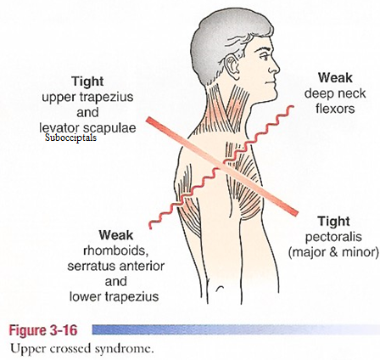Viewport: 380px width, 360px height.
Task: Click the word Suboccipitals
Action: click(70, 138)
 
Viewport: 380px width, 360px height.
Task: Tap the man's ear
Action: click(232, 67)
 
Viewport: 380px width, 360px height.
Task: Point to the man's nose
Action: click(274, 66)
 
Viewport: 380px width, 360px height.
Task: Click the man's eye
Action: click(265, 56)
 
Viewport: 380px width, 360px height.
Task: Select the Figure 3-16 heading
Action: click(43, 330)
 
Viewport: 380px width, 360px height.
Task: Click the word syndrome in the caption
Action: click(124, 348)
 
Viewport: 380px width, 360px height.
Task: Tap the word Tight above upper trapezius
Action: click(87, 82)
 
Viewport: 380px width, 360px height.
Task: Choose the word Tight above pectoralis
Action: click(333, 222)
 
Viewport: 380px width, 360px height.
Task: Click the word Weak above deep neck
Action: click(335, 78)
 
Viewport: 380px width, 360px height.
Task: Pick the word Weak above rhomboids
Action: click(116, 235)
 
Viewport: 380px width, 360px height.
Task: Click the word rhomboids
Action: click(116, 250)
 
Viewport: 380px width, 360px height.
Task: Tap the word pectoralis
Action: click(333, 237)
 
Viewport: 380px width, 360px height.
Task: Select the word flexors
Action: click(335, 109)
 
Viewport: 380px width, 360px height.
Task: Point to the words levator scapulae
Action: click(87, 127)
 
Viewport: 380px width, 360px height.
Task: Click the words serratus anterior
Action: click(116, 266)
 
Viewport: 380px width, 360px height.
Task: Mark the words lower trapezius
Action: click(114, 296)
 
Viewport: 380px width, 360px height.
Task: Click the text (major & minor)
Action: click(333, 252)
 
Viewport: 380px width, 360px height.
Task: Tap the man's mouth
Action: click(271, 82)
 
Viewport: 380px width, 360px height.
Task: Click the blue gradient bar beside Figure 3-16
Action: click(236, 330)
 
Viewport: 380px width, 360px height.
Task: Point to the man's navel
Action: click(221, 289)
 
